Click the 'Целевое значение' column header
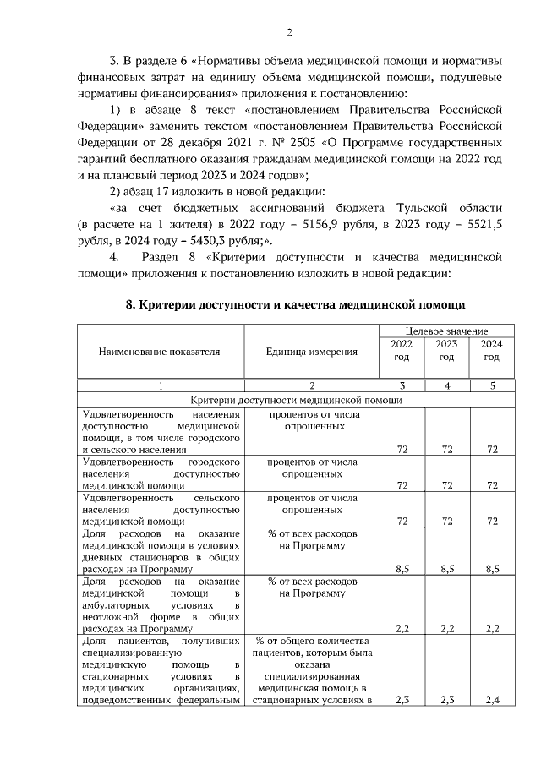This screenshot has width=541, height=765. click(446, 331)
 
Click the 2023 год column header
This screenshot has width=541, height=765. click(446, 350)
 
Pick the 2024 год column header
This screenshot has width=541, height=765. click(491, 350)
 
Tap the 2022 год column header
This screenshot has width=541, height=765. click(402, 350)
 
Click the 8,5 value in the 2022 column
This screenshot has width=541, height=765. click(402, 571)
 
